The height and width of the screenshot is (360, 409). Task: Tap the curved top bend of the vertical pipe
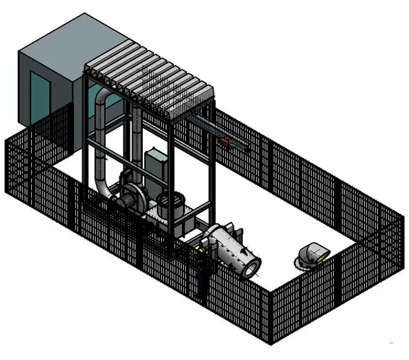(107, 98)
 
